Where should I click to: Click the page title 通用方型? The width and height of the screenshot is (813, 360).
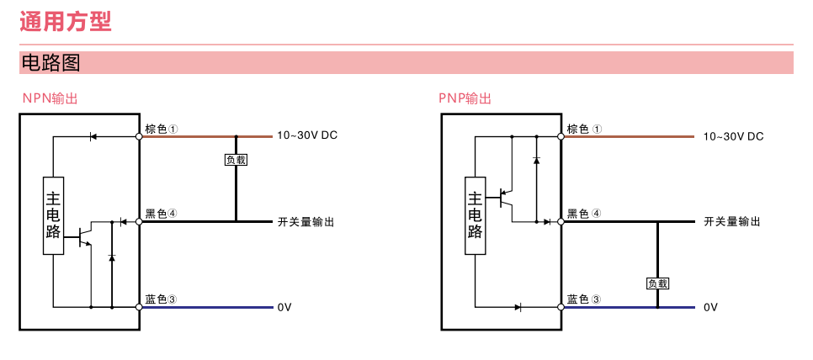[x=66, y=21]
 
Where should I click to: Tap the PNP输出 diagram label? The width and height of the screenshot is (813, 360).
[x=465, y=98]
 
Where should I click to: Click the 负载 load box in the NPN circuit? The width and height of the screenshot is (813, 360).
[x=236, y=159]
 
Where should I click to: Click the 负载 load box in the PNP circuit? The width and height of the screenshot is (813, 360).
[x=657, y=283]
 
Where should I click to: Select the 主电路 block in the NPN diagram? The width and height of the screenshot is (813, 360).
[x=53, y=215]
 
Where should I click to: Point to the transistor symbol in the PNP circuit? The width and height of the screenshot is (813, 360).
[x=506, y=199]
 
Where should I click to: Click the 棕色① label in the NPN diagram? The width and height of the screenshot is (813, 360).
[x=161, y=130]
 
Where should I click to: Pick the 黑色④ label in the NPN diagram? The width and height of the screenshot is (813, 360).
[x=161, y=214]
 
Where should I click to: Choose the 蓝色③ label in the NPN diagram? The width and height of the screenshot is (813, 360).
[x=161, y=299]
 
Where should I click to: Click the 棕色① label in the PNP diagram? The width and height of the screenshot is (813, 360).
[x=584, y=130]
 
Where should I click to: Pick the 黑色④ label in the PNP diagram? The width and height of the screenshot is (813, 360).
[x=584, y=214]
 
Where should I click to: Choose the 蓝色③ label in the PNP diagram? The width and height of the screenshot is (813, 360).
[x=584, y=299]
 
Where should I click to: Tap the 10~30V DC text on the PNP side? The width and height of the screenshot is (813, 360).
[x=733, y=136]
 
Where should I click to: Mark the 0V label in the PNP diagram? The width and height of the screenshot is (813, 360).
[x=711, y=308]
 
